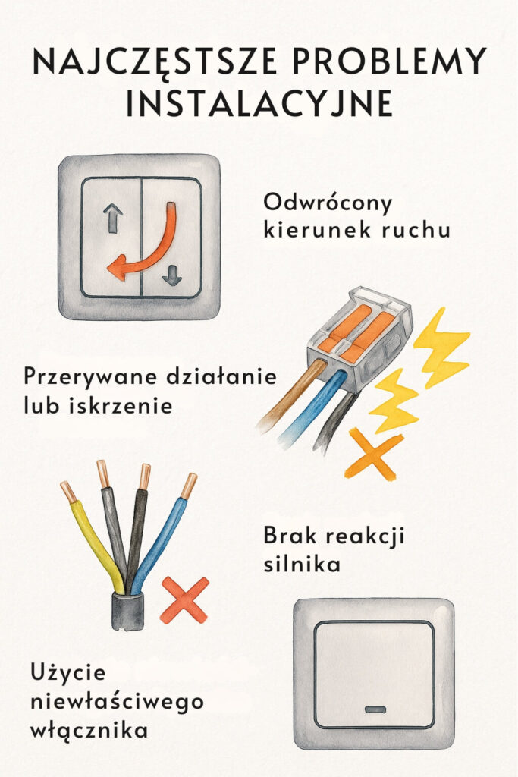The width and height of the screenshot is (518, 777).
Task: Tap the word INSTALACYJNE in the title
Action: point(259,103)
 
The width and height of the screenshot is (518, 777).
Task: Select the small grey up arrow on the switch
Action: point(113,219)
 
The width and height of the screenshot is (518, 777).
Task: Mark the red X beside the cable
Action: point(184,599)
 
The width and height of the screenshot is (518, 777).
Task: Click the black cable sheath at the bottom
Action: point(128,612)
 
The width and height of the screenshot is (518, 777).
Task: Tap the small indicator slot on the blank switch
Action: point(375,709)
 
